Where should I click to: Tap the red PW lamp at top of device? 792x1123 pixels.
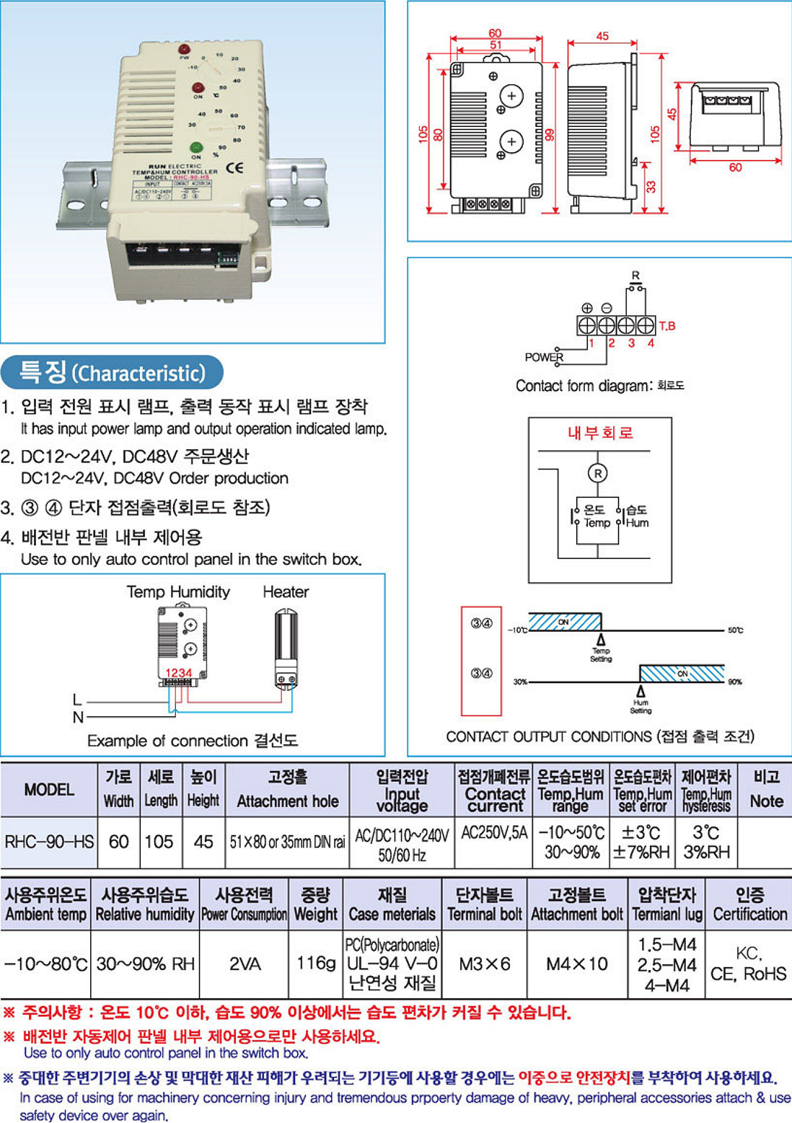(x=184, y=49)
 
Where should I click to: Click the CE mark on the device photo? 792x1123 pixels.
(x=234, y=167)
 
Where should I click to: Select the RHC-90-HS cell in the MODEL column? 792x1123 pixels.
(x=49, y=842)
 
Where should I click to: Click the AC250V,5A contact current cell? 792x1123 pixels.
(x=494, y=833)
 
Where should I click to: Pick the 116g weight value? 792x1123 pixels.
(x=316, y=964)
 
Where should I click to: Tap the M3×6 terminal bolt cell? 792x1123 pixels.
(x=484, y=964)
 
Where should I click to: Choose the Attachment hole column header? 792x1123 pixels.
(x=287, y=790)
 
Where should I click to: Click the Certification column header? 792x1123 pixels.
(x=749, y=905)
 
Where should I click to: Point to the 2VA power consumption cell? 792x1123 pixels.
(x=245, y=964)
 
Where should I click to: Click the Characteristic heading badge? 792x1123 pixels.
(x=113, y=373)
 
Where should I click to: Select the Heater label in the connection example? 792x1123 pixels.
(x=286, y=592)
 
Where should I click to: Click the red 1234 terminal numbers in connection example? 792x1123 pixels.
(x=179, y=673)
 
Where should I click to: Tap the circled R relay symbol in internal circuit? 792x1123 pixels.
(x=597, y=473)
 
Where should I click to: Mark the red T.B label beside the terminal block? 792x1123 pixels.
(x=666, y=326)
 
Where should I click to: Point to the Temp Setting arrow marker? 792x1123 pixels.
(x=601, y=640)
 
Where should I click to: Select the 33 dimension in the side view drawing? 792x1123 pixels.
(x=651, y=186)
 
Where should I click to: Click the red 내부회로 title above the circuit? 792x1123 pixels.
(x=600, y=433)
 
